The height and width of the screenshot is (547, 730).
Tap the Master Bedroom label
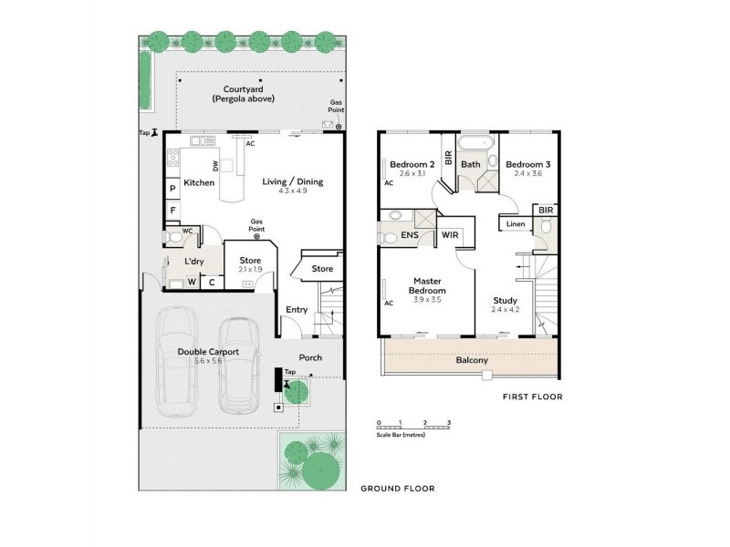pyautogui.click(x=428, y=285)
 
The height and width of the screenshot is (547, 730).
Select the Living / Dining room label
pyautogui.click(x=292, y=181)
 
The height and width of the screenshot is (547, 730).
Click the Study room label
pyautogui.click(x=505, y=300)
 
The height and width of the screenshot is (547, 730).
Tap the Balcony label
pyautogui.click(x=472, y=360)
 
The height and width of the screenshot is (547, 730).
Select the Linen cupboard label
pyautogui.click(x=515, y=224)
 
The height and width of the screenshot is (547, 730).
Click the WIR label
pyautogui.click(x=450, y=235)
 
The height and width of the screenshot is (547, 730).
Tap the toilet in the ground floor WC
pyautogui.click(x=173, y=236)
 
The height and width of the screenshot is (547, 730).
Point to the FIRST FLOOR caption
pyautogui.click(x=533, y=397)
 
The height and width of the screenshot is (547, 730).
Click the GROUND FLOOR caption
pyautogui.click(x=398, y=489)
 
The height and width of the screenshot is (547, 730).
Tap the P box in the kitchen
pyautogui.click(x=172, y=189)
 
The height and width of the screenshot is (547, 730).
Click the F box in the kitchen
pyautogui.click(x=172, y=209)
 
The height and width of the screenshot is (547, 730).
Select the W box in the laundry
pyautogui.click(x=192, y=282)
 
